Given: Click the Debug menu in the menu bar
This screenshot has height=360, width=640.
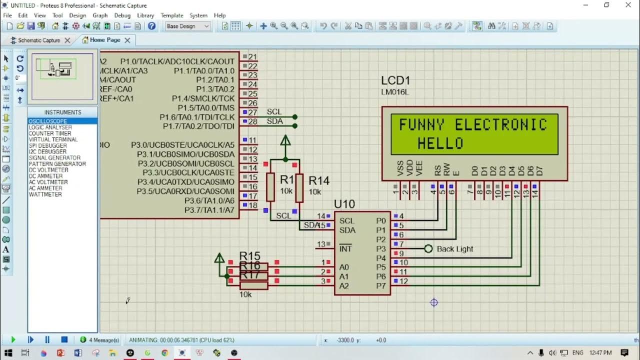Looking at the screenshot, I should coord(122,15).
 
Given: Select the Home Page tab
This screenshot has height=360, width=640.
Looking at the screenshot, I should coord(105,40).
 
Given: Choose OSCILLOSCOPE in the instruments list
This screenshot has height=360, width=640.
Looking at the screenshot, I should coord(48,121).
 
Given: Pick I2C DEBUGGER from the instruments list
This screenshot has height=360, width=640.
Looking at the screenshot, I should coord(47,151).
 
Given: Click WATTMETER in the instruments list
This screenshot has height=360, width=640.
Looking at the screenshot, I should coord(45,194).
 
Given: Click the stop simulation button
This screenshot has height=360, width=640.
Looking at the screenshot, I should coord(64,339).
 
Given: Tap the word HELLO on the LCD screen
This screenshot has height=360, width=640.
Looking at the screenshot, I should coord(440,143).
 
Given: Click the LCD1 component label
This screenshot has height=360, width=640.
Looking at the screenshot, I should coord(395,80).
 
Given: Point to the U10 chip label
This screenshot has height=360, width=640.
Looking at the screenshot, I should coord(344,204).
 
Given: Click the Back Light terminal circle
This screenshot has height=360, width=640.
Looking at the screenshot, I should coord(428,248).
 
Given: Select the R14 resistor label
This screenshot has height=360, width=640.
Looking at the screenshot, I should coord(319,181).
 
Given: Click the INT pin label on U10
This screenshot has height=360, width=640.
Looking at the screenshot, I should coord(345,249).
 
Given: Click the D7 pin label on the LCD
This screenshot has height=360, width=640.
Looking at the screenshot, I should coord(539,170).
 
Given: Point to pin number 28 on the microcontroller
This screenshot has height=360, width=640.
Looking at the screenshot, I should coord(253,121).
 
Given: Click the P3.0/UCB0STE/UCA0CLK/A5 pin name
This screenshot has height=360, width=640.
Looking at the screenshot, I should coord(182,145).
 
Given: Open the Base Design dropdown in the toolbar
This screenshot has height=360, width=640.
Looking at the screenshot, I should coord(188,26).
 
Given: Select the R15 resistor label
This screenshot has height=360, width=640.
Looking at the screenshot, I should coord(249,256).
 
